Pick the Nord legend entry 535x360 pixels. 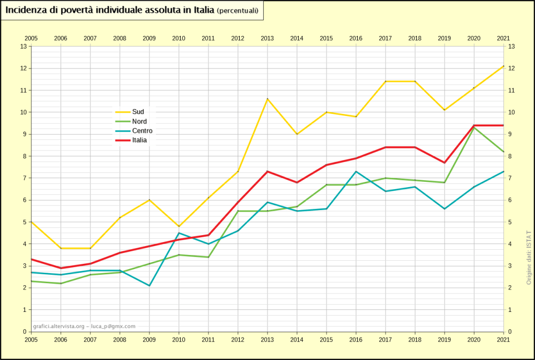pyautogui.click(x=139, y=121)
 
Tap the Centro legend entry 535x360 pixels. pyautogui.click(x=142, y=131)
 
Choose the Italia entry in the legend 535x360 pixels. pyautogui.click(x=139, y=140)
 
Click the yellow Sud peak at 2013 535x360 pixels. pyautogui.click(x=267, y=99)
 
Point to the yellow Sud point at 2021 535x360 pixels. pyautogui.click(x=503, y=66)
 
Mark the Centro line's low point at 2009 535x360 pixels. pyautogui.click(x=149, y=285)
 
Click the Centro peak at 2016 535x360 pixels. pyautogui.click(x=356, y=171)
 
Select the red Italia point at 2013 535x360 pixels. pyautogui.click(x=267, y=171)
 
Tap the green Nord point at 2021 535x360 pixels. pyautogui.click(x=503, y=152)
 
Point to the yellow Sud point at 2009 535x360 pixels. pyautogui.click(x=149, y=200)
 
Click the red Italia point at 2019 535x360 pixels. pyautogui.click(x=445, y=162)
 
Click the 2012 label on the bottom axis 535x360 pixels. pyautogui.click(x=238, y=339)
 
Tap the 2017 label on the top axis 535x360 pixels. pyautogui.click(x=386, y=38)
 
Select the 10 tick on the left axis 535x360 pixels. pyautogui.click(x=23, y=112)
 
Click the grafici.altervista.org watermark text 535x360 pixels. pyautogui.click(x=84, y=326)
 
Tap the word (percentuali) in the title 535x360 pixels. pyautogui.click(x=237, y=11)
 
